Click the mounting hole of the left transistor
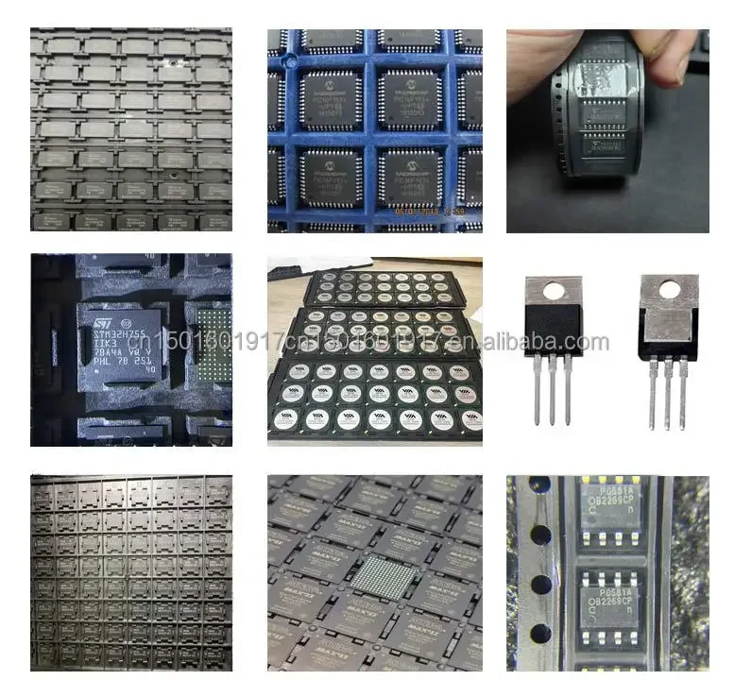[x=554, y=289]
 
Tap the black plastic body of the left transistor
[x=554, y=331]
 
